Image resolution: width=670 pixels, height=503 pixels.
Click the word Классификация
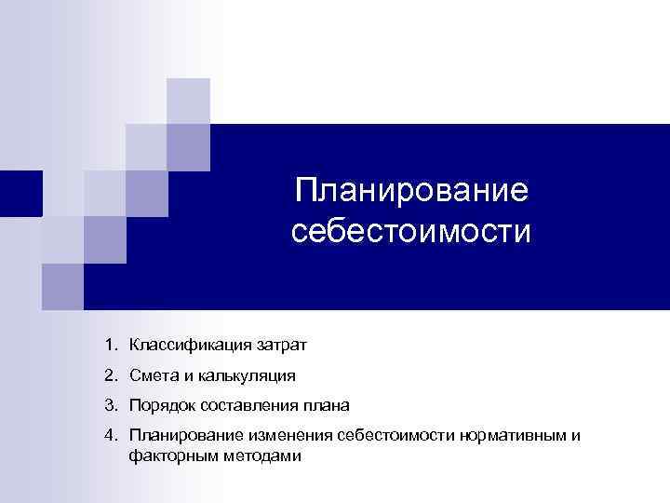tap(188, 346)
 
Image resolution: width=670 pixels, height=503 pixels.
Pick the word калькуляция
tap(249, 376)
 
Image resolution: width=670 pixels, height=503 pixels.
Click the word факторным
tap(173, 456)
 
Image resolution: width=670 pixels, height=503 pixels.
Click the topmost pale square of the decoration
tap(188, 100)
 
